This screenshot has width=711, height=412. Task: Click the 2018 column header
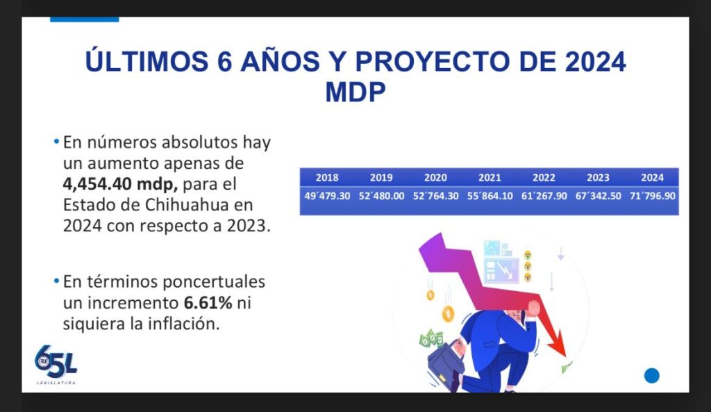point(327,177)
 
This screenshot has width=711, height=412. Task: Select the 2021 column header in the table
point(490,177)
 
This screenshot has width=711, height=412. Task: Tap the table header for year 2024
point(653,177)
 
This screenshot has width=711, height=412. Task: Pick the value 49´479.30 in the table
point(327,196)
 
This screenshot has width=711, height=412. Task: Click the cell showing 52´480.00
point(381,196)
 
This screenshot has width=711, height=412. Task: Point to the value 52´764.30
point(436,196)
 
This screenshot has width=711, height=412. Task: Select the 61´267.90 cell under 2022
point(544,196)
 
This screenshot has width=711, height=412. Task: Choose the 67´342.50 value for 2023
point(599,196)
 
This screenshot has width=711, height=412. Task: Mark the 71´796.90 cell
point(653,196)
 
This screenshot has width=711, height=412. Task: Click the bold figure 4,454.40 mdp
point(120,184)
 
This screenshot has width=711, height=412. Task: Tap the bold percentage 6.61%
point(208,303)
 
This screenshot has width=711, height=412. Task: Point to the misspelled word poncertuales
point(215,282)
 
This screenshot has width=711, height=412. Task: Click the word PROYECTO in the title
point(433,61)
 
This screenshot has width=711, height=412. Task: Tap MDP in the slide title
point(355,92)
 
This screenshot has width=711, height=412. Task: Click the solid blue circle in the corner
point(651,376)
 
